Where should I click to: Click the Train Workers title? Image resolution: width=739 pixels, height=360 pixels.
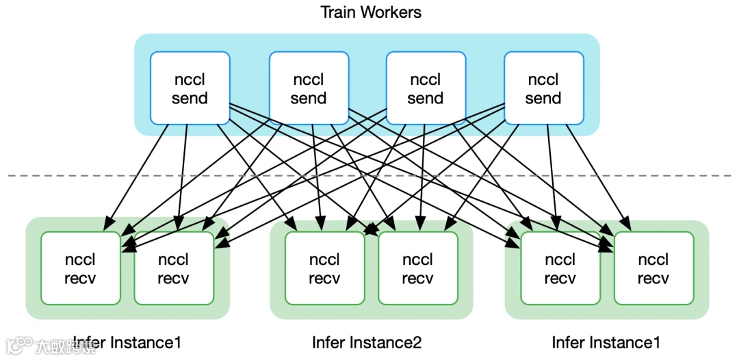[x=371, y=12]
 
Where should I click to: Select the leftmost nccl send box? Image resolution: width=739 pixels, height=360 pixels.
[x=190, y=88]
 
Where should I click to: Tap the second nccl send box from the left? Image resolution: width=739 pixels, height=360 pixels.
[x=308, y=88]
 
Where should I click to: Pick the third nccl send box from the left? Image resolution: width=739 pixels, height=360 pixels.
[x=426, y=88]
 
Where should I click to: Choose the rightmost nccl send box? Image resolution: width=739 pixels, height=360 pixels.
[x=543, y=88]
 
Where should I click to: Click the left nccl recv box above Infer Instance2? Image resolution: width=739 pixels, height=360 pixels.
[x=324, y=268]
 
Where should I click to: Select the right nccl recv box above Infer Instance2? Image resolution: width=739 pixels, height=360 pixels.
[x=417, y=268]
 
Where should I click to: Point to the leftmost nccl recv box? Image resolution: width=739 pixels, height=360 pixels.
[x=80, y=268]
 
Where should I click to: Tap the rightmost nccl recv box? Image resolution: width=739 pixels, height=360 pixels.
[x=653, y=268]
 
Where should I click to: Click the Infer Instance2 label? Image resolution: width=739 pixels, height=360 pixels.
[x=367, y=342]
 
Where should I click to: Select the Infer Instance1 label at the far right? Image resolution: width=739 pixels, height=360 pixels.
[x=607, y=342]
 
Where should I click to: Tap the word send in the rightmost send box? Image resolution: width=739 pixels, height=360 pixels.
[x=543, y=98]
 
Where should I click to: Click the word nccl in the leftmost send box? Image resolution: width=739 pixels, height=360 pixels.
[x=190, y=79]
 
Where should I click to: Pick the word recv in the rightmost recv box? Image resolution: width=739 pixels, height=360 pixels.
[x=653, y=279]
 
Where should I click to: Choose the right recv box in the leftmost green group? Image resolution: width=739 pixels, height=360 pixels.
[x=174, y=268]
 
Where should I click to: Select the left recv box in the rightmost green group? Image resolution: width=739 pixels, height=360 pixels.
[x=560, y=268]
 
